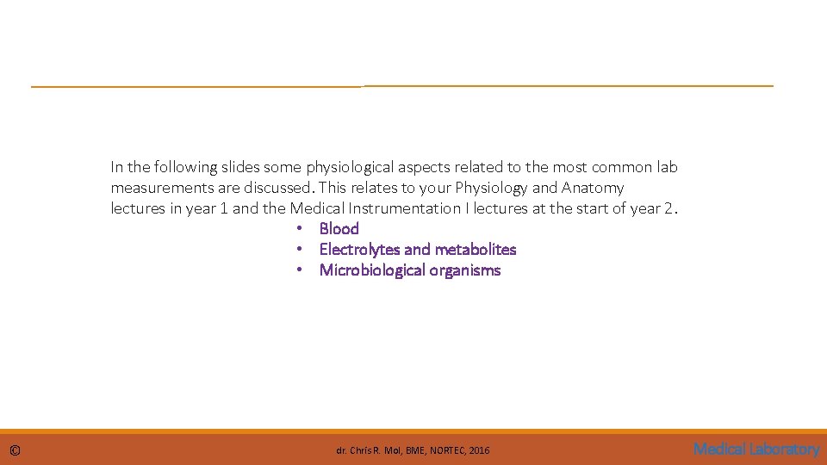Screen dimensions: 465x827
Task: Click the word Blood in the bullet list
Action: coord(339,228)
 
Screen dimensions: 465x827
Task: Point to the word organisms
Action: coord(467,270)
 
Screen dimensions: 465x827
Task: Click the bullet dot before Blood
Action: coord(298,229)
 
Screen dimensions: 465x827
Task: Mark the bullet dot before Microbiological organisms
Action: coord(298,270)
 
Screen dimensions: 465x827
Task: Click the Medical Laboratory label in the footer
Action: coord(756,449)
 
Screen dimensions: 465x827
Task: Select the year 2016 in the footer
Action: coord(479,450)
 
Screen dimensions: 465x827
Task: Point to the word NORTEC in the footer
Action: coord(446,450)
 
